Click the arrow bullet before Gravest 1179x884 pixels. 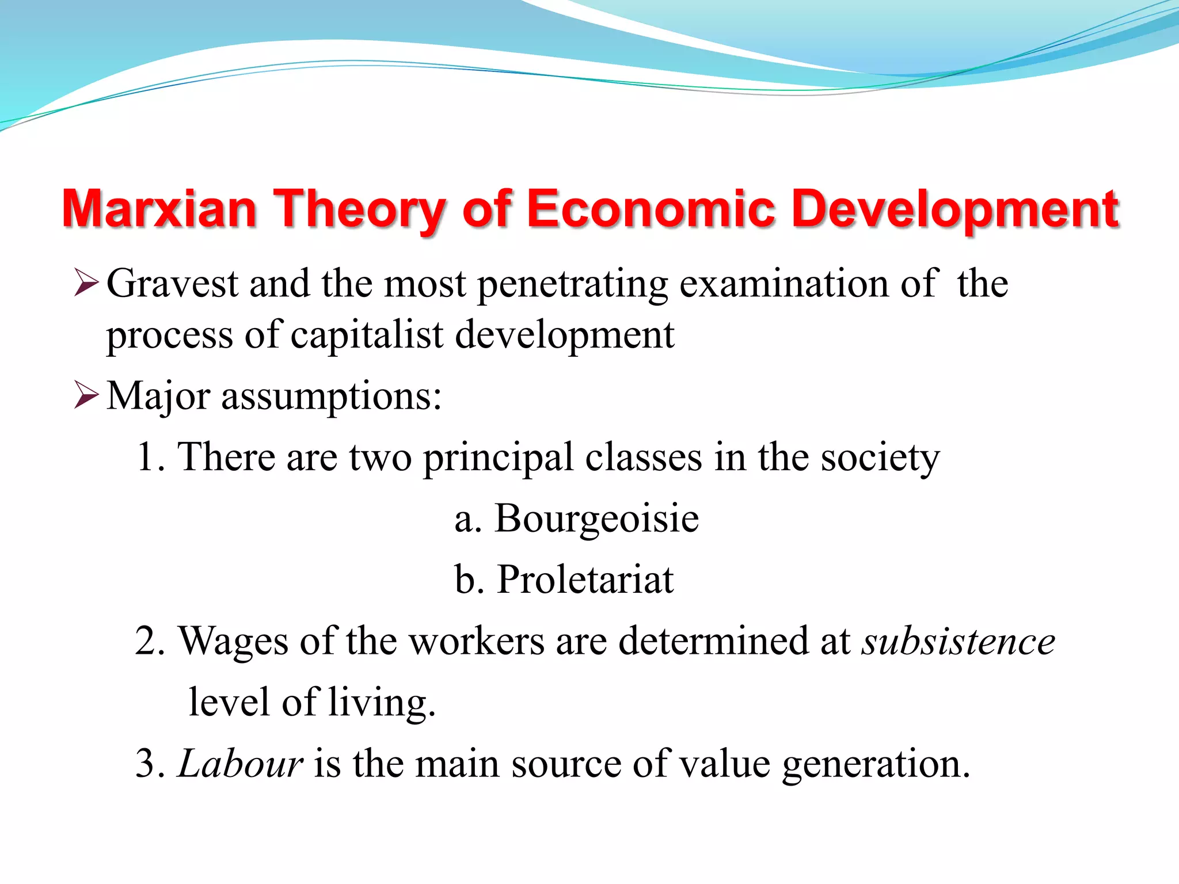[86, 283]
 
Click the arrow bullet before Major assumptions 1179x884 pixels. [86, 396]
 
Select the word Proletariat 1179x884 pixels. [585, 580]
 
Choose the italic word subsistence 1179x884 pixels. [959, 641]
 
